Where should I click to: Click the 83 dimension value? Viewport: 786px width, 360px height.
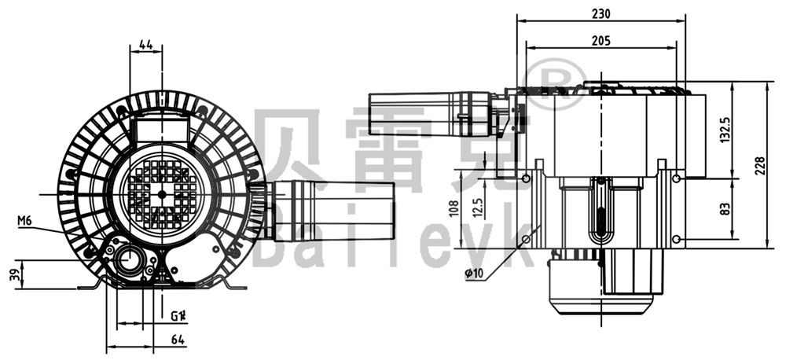(x=725, y=208)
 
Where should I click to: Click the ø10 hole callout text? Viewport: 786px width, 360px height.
(x=474, y=272)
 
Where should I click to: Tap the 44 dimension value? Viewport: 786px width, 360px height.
(x=145, y=45)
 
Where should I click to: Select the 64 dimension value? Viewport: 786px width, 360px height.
(x=177, y=340)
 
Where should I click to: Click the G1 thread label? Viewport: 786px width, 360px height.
(x=178, y=317)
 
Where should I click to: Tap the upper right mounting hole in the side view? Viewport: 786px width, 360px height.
(x=677, y=180)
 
